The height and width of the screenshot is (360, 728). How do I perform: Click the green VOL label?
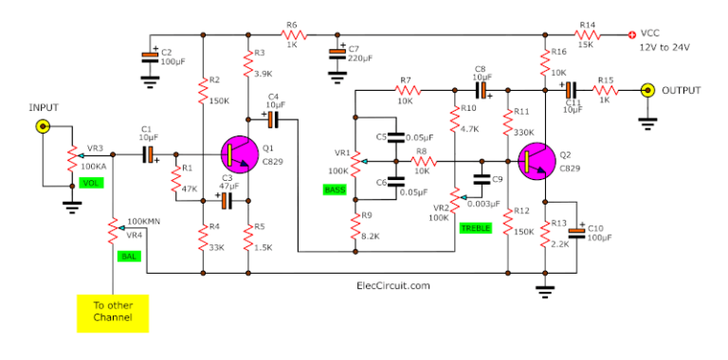pyautogui.click(x=90, y=182)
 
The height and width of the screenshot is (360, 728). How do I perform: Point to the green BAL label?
pyautogui.click(x=127, y=255)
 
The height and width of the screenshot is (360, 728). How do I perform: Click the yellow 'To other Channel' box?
pyautogui.click(x=112, y=313)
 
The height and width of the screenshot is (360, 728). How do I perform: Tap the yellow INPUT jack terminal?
pyautogui.click(x=42, y=126)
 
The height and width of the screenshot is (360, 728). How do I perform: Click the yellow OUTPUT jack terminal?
pyautogui.click(x=647, y=91)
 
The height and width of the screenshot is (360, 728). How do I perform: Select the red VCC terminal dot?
pyautogui.click(x=633, y=35)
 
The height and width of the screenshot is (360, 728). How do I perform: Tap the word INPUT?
pyautogui.click(x=43, y=108)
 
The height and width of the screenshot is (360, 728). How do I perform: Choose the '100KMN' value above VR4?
pyautogui.click(x=144, y=220)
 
